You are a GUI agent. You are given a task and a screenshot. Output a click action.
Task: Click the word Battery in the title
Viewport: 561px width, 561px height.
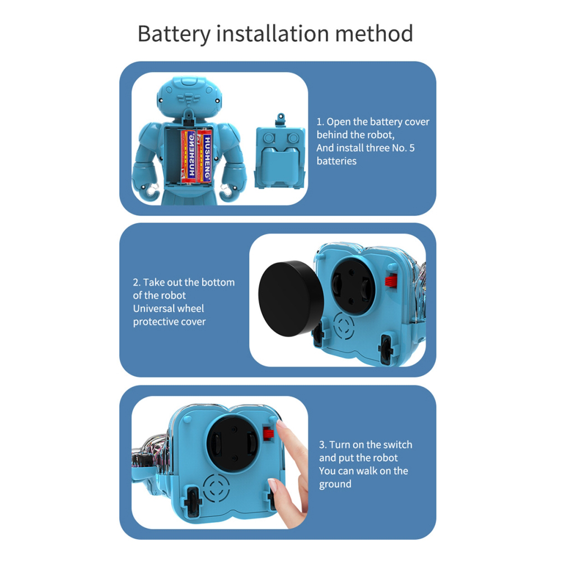click(174, 34)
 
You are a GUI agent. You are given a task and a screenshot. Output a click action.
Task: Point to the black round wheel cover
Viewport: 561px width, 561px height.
click(291, 299)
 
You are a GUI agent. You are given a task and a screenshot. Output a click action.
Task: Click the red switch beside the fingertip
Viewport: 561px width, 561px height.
click(268, 433)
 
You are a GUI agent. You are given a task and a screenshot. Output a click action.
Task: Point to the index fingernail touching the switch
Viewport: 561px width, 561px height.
click(281, 425)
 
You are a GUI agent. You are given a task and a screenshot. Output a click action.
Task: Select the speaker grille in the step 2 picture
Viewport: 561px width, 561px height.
click(343, 327)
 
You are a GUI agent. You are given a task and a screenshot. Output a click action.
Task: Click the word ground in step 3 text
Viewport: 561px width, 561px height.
click(335, 484)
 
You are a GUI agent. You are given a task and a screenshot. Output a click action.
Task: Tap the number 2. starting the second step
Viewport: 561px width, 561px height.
click(137, 283)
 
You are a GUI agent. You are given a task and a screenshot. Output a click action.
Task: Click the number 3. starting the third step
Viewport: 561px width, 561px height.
click(322, 445)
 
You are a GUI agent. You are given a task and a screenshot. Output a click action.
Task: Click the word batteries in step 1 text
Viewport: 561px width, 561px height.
click(336, 161)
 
